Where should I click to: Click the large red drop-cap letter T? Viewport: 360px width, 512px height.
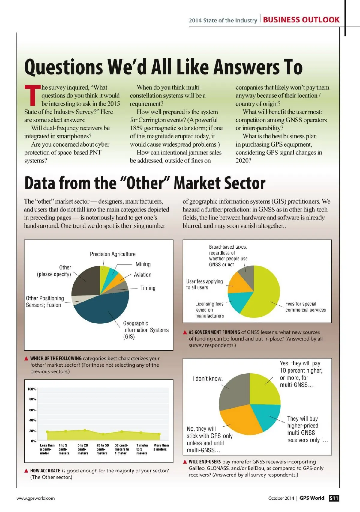[x=32, y=95]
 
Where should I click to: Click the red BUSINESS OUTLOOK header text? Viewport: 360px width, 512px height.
[x=301, y=20]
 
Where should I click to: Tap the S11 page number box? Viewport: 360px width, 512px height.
[x=334, y=498]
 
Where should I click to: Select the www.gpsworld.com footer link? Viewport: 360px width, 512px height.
[x=36, y=498]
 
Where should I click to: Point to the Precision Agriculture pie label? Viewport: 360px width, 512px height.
[x=112, y=254]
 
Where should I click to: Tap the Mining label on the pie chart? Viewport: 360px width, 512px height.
[x=143, y=264]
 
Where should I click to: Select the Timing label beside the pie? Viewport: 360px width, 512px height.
[x=148, y=288]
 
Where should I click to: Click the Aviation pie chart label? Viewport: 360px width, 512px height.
[x=142, y=275]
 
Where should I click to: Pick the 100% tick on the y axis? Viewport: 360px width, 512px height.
[x=32, y=389]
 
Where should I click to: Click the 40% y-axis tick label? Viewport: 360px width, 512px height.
[x=32, y=420]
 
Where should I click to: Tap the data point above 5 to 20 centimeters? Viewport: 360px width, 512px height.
[x=85, y=430]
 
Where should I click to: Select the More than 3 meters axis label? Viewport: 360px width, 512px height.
[x=161, y=447]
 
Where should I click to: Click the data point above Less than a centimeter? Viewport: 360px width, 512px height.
[x=47, y=432]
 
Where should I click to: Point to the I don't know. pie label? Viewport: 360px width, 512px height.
[x=207, y=379]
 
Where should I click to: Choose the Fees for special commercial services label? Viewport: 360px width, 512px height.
[x=305, y=307]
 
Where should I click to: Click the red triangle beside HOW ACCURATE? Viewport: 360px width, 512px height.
[x=26, y=471]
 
